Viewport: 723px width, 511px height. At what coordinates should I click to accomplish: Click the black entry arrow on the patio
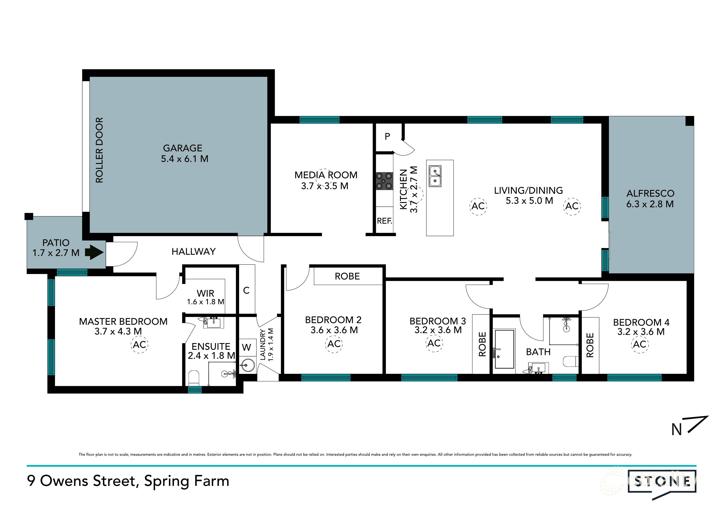[94, 252]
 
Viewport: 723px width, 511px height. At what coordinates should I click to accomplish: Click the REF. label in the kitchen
[385, 221]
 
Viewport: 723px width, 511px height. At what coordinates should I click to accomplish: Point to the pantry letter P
[387, 136]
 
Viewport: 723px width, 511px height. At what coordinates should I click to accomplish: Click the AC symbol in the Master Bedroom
[140, 345]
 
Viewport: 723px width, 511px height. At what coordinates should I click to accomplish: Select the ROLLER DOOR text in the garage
[99, 150]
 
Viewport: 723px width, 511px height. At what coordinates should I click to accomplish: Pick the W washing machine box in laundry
[246, 347]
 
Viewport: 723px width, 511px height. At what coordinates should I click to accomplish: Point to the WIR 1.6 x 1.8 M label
[205, 297]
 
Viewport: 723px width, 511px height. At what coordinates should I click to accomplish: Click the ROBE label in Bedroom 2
[347, 277]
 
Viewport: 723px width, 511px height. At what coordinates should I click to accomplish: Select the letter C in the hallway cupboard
[246, 291]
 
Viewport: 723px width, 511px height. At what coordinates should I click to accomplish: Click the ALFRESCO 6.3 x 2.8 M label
[650, 199]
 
